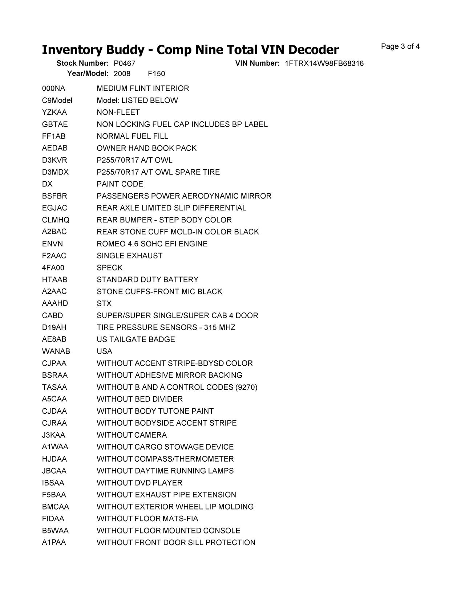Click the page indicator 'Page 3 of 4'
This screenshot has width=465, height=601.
point(400,46)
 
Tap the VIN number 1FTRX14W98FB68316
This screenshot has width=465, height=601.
point(324,64)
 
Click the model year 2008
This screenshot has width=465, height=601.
point(122,74)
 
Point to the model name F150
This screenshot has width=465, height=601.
point(157,74)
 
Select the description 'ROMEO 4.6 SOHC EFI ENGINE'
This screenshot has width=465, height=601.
point(152,244)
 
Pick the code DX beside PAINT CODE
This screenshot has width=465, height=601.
point(47,184)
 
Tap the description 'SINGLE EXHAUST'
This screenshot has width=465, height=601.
point(130,256)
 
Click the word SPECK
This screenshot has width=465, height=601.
point(110,268)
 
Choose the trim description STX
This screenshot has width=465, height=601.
point(104,303)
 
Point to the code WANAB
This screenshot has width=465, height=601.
point(56,351)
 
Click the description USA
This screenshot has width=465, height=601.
point(105,351)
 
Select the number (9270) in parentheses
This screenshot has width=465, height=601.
point(246,387)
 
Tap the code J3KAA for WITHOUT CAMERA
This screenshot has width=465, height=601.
point(54,435)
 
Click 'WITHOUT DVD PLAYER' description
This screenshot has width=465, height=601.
point(139,483)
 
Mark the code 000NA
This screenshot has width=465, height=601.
point(53,89)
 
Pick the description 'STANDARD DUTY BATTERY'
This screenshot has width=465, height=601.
point(147,280)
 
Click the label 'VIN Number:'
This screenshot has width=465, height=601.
point(257,63)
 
